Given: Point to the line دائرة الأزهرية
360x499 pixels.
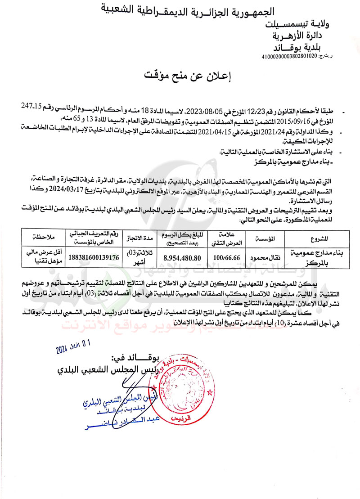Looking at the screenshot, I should click(x=299, y=36).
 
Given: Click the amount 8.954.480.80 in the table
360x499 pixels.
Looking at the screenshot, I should click(x=182, y=258).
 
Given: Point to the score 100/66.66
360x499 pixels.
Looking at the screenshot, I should click(x=227, y=258).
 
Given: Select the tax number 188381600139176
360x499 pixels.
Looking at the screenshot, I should click(x=93, y=258).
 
